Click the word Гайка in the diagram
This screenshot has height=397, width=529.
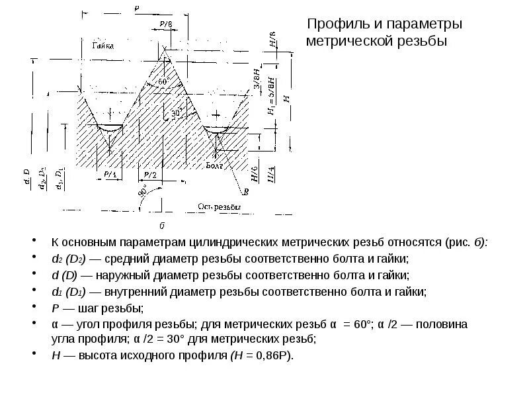[x=102, y=46]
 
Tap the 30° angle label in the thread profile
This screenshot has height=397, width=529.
[x=177, y=113]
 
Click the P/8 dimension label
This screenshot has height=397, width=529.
[x=166, y=25]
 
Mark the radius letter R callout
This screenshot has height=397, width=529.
[x=246, y=193]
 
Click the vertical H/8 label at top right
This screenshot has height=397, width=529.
[x=272, y=40]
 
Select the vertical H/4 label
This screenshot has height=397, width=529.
[x=272, y=175]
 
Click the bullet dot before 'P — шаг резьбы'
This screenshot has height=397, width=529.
[x=35, y=308]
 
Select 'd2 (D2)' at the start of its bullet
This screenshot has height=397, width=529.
[x=66, y=259]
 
